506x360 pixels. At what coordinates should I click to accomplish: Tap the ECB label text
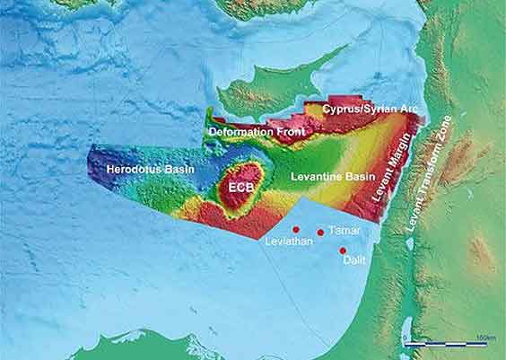pos(240,188)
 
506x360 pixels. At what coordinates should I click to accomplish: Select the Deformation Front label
pos(257,131)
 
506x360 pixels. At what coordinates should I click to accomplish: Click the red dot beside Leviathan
pos(296,230)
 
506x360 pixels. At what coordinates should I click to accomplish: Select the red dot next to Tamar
pos(320,232)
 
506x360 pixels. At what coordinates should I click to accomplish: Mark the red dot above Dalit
pos(343,250)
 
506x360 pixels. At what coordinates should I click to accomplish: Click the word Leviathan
pos(286,242)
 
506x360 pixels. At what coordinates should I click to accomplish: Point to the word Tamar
pos(345,231)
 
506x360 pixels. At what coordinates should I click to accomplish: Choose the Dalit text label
pos(352,261)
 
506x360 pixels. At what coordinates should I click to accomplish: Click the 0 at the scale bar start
pos(406,337)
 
